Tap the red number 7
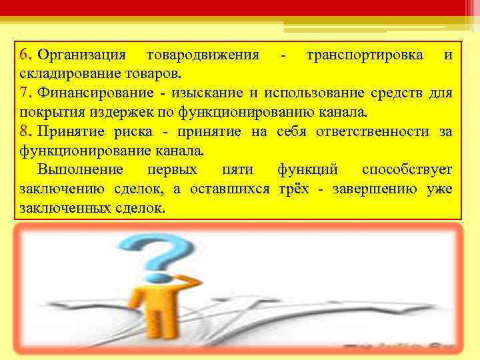click(x=24, y=92)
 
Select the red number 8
click(x=24, y=131)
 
